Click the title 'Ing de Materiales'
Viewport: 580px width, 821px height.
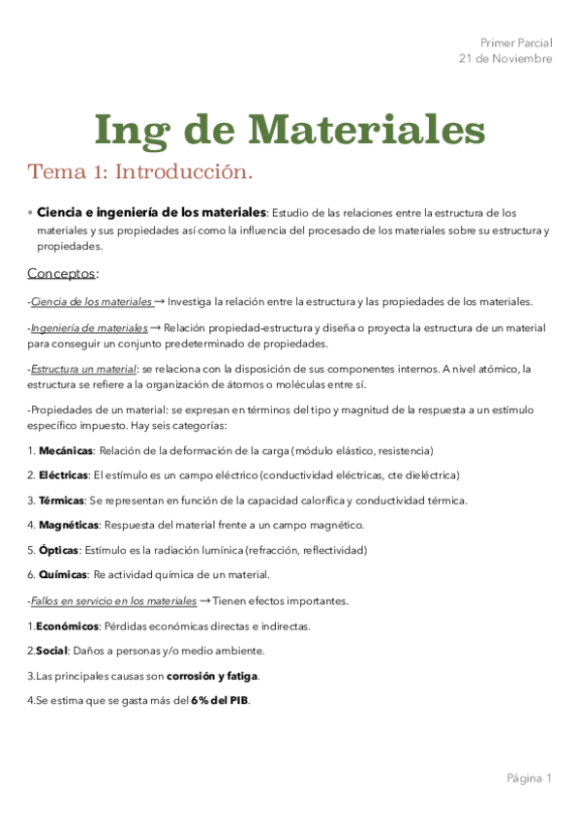coord(290,129)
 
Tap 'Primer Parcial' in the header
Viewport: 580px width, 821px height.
coord(516,43)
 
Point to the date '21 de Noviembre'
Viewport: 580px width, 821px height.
coord(505,58)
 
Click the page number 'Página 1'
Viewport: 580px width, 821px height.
coord(528,777)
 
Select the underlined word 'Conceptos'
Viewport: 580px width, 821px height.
coord(62,273)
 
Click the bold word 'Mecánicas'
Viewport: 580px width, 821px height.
coord(66,450)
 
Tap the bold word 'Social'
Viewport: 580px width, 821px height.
coord(52,651)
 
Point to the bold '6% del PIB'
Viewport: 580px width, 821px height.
coord(219,700)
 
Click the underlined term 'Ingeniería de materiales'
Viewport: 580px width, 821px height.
coord(89,328)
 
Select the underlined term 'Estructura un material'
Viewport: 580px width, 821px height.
coord(84,369)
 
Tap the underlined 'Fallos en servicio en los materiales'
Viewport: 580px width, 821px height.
coord(112,601)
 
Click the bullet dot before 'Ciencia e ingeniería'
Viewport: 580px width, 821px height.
coord(30,211)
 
